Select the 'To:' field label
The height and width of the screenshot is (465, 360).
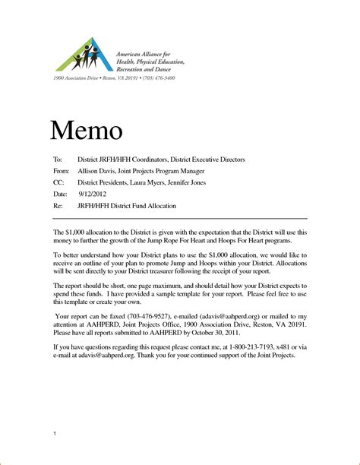[57, 160]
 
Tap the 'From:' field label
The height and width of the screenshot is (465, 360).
[61, 172]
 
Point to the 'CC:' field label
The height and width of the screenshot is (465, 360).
[58, 183]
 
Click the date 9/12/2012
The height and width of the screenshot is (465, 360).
[93, 195]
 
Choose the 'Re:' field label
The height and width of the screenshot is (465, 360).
[57, 206]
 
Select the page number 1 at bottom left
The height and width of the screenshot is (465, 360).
[55, 432]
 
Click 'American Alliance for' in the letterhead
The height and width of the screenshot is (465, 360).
[147, 55]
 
